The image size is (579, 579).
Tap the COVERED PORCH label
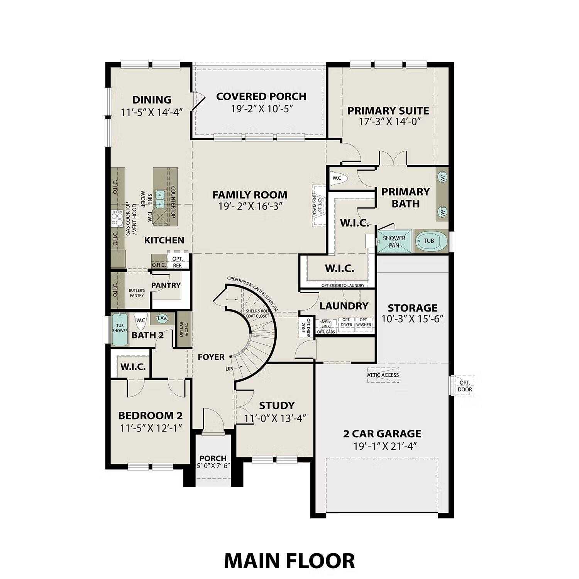[x=261, y=96]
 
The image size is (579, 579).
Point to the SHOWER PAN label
[x=394, y=241]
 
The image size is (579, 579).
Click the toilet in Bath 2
[x=140, y=320]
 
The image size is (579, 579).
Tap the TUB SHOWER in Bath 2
[x=120, y=329]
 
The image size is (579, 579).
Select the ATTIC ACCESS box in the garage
[x=383, y=375]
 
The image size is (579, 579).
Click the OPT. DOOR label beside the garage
[x=465, y=386]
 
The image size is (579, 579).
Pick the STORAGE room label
[x=412, y=308]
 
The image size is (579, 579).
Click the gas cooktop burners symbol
[x=116, y=219]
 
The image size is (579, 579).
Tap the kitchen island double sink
[x=159, y=198]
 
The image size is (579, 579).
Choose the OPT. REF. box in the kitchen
[x=178, y=262]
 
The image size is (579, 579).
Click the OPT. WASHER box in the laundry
[x=363, y=322]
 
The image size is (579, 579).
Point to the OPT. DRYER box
[x=346, y=322]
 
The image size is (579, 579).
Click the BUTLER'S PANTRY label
[x=137, y=293]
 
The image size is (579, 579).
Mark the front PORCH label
[x=213, y=458]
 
